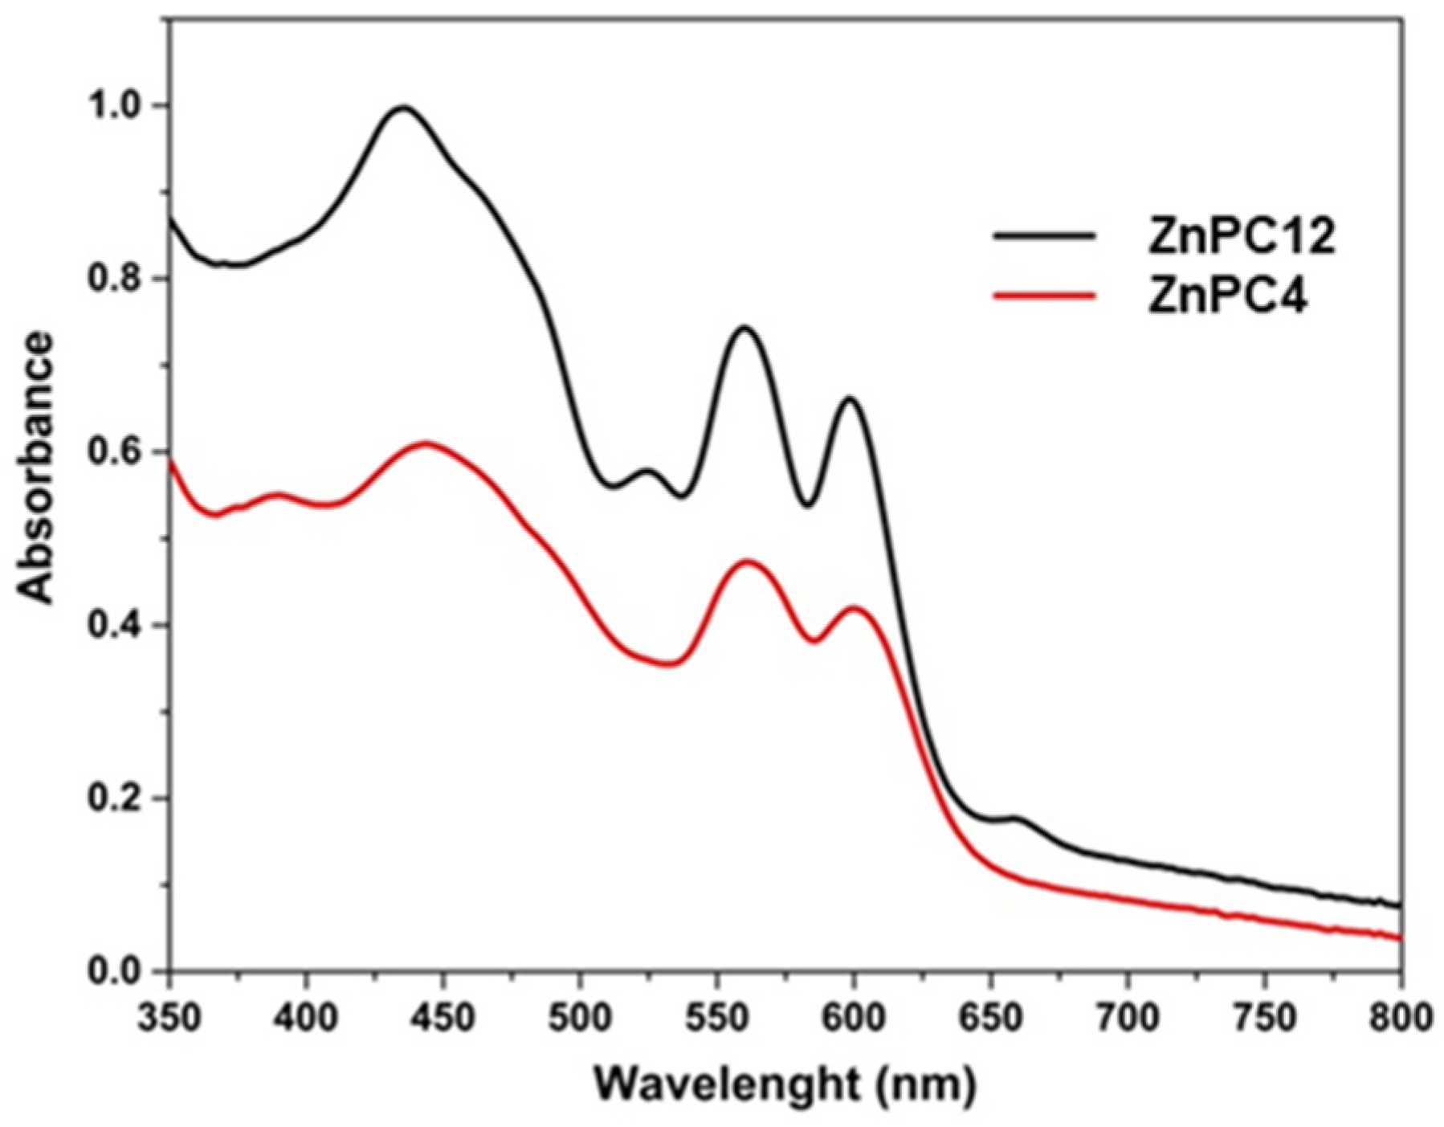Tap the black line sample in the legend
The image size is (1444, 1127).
pos(1043,235)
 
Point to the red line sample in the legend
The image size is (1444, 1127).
pos(1043,296)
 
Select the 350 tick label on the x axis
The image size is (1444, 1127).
pos(169,1019)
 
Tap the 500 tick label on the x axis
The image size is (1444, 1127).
pos(580,1019)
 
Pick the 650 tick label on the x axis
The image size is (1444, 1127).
pos(990,1019)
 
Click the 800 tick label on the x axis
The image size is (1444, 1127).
pos(1401,1019)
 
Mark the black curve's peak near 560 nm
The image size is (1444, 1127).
pos(744,327)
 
